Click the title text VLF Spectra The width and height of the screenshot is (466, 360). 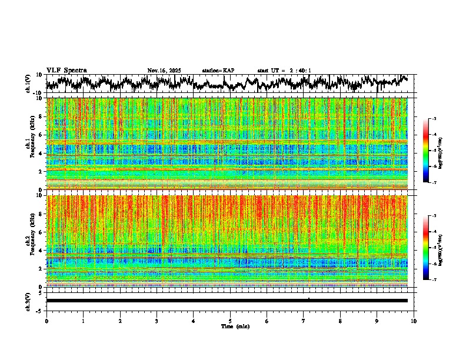click(x=66, y=70)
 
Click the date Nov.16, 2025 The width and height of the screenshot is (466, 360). click(x=164, y=71)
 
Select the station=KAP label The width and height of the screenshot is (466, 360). click(x=218, y=71)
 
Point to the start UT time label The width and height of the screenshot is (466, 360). click(x=284, y=71)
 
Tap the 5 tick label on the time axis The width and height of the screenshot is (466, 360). click(x=230, y=321)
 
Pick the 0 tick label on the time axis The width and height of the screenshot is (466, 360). click(x=46, y=321)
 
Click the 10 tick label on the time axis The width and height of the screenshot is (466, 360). click(x=414, y=321)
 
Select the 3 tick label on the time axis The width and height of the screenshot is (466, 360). click(x=157, y=321)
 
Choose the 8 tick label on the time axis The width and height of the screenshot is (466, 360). click(x=340, y=321)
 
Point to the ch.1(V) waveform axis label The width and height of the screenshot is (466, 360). click(x=29, y=84)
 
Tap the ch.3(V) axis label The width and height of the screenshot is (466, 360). click(x=29, y=301)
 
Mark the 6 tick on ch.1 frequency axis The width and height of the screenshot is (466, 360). click(x=41, y=135)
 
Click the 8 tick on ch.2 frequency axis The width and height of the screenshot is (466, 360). click(x=41, y=214)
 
